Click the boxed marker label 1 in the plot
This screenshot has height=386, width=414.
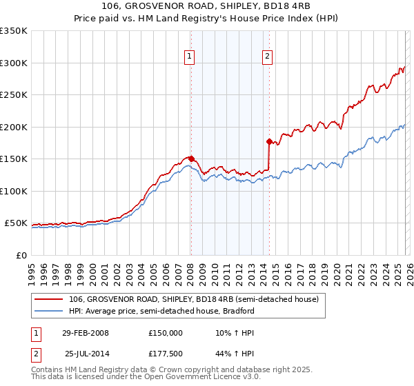click(x=190, y=57)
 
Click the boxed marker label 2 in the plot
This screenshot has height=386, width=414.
click(x=268, y=57)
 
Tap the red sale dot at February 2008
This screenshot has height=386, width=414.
click(x=191, y=159)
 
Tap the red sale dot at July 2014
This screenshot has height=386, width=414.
click(x=269, y=141)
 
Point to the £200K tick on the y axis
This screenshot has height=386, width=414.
click(x=14, y=127)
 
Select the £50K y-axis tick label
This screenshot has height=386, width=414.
click(x=16, y=223)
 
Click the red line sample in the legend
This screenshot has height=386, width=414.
click(x=49, y=299)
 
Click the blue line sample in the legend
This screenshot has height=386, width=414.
click(x=49, y=311)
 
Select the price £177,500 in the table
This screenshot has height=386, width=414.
click(x=165, y=354)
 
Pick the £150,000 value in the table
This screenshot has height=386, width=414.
click(x=165, y=332)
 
